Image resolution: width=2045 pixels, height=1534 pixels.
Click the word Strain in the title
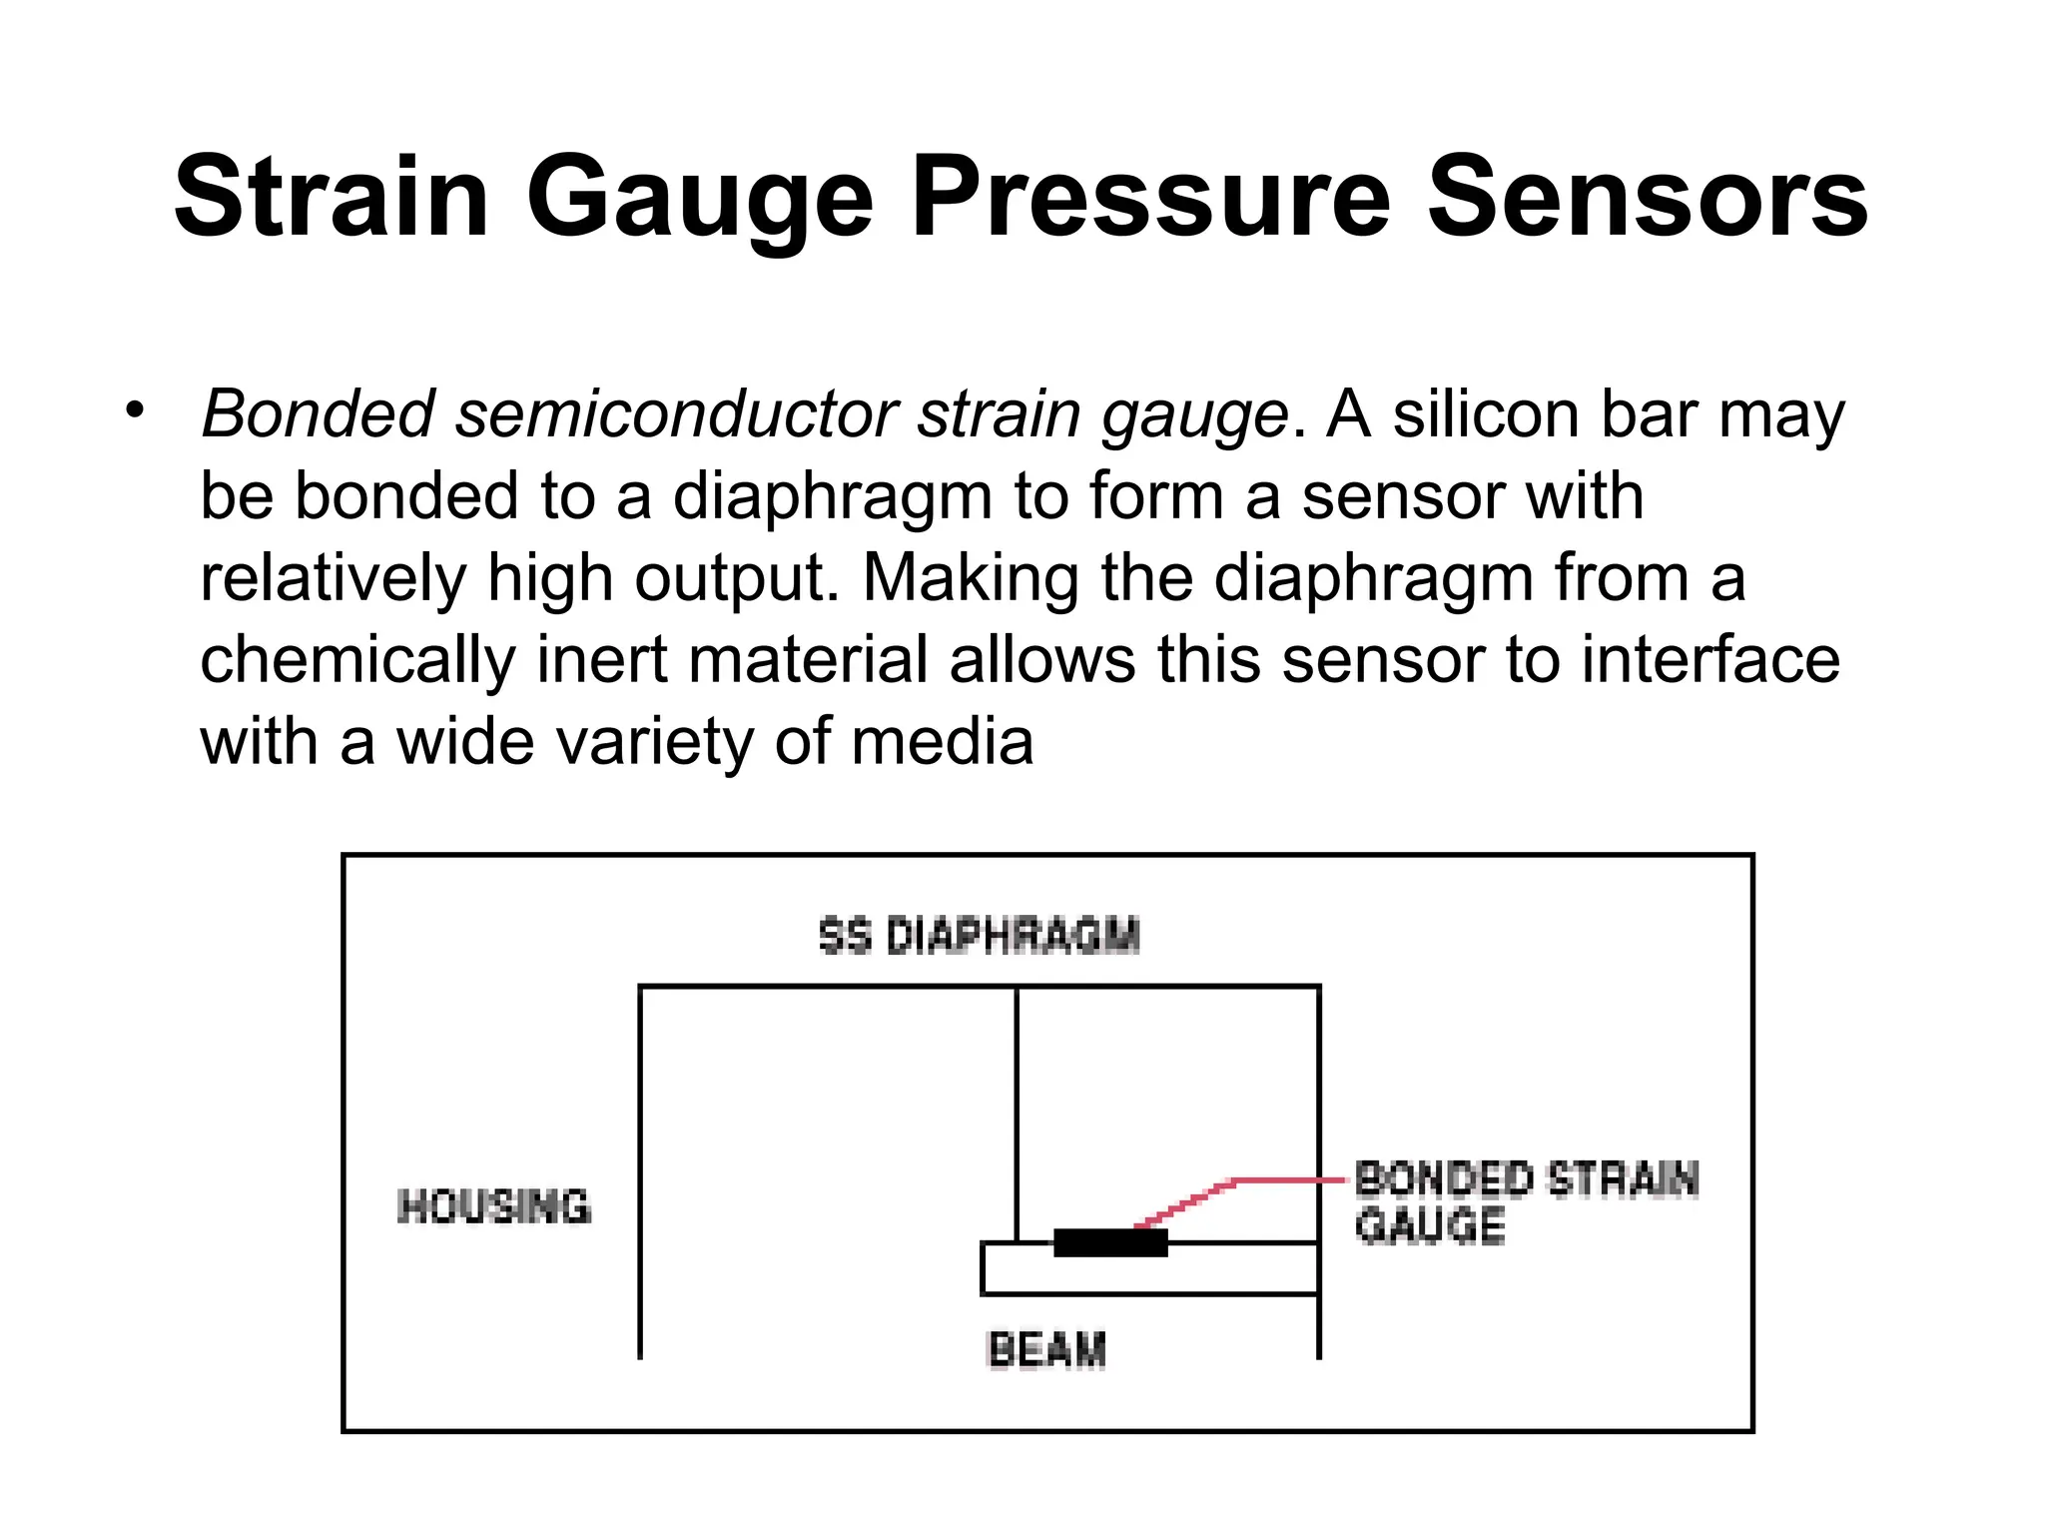click(x=331, y=197)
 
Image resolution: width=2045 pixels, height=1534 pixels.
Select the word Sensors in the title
click(x=1648, y=197)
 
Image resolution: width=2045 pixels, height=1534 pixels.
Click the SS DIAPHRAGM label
click(x=979, y=936)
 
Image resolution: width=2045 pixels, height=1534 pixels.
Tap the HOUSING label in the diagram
click(x=493, y=1206)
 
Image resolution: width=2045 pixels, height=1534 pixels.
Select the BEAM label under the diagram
click(x=1046, y=1350)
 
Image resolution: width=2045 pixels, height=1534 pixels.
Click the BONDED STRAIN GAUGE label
click(x=1526, y=1202)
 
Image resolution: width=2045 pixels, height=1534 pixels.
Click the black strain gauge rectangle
click(x=1110, y=1242)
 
